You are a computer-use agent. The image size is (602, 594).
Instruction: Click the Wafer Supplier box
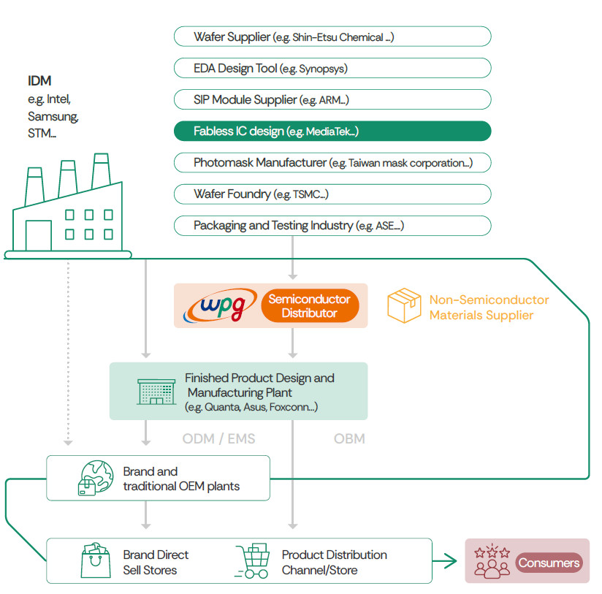click(332, 37)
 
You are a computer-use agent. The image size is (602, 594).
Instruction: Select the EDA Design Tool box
click(332, 68)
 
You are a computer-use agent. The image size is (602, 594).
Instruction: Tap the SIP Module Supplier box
click(332, 99)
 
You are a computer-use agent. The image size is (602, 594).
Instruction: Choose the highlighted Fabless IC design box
click(332, 131)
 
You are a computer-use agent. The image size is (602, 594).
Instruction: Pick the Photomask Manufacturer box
click(332, 162)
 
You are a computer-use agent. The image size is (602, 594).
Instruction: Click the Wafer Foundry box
click(332, 194)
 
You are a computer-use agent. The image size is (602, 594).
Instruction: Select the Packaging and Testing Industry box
click(332, 225)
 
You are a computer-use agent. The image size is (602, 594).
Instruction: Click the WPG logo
click(219, 306)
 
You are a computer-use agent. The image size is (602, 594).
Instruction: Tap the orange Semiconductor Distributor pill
click(310, 306)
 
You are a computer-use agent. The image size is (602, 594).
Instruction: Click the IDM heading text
click(39, 81)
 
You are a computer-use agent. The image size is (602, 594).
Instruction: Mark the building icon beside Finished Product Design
click(156, 391)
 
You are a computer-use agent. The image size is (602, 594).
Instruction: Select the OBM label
click(349, 438)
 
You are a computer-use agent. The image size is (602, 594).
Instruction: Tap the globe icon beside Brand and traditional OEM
click(95, 478)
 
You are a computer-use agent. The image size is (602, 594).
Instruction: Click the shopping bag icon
click(95, 560)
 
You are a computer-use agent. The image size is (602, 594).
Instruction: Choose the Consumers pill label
click(549, 562)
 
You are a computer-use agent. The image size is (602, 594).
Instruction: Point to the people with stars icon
click(492, 561)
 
